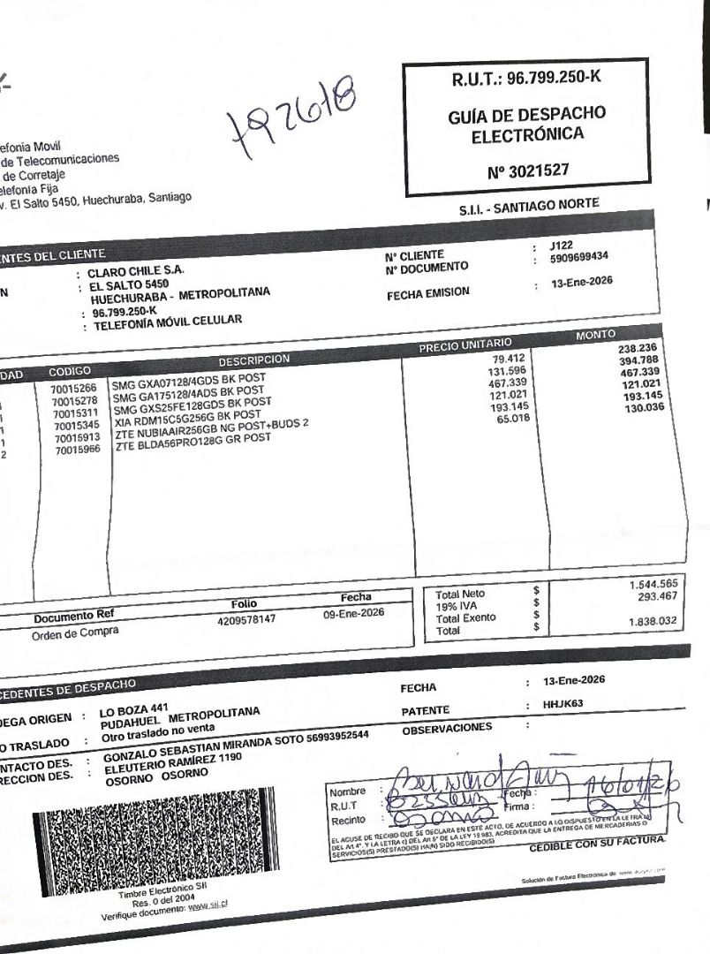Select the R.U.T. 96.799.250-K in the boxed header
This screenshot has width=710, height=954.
click(x=525, y=78)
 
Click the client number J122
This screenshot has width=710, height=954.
click(x=563, y=245)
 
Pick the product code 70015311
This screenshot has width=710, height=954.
click(x=78, y=413)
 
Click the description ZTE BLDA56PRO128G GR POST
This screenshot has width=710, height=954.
click(x=193, y=437)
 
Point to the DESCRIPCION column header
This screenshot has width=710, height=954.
click(x=255, y=360)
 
